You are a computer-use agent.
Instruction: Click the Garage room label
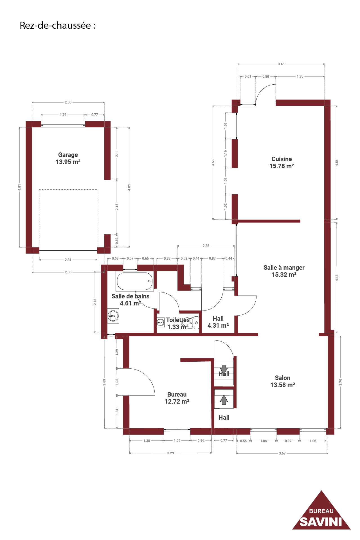68,158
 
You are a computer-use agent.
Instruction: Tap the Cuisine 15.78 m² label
282,163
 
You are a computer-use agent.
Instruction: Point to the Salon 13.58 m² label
283,381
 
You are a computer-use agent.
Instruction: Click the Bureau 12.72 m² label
177,398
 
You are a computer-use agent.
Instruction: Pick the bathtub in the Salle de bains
134,281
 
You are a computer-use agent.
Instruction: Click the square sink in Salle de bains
113,316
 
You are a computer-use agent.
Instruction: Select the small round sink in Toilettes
161,322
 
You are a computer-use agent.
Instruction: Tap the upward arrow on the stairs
224,400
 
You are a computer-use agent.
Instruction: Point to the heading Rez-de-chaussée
57,26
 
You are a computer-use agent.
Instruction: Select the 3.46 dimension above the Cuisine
281,64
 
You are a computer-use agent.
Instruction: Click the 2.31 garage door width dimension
68,260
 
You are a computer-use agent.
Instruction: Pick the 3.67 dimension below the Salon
282,453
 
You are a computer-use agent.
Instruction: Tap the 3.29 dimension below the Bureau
170,453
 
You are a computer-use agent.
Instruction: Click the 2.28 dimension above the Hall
206,246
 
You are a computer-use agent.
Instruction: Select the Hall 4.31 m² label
218,322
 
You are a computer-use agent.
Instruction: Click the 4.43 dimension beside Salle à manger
337,278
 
